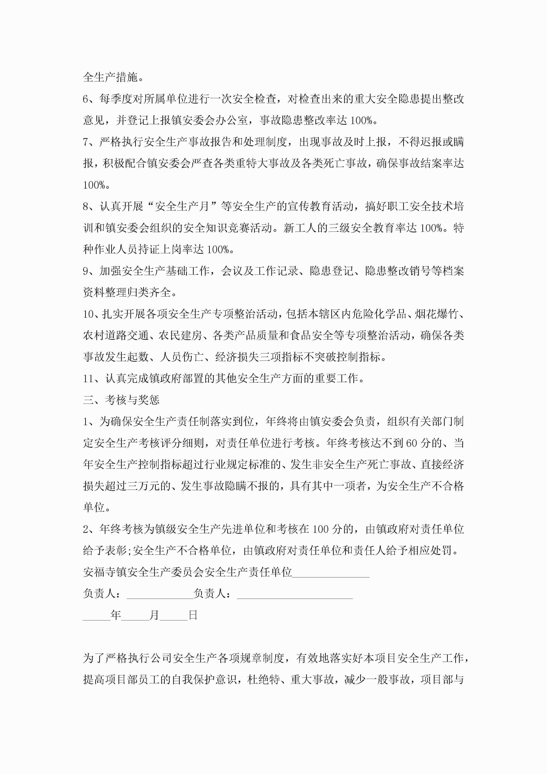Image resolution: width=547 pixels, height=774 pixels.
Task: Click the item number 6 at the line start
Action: point(86,99)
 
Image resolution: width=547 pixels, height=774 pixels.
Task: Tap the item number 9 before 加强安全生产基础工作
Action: point(86,271)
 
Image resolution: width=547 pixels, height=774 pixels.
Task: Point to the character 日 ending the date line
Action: point(193,615)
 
